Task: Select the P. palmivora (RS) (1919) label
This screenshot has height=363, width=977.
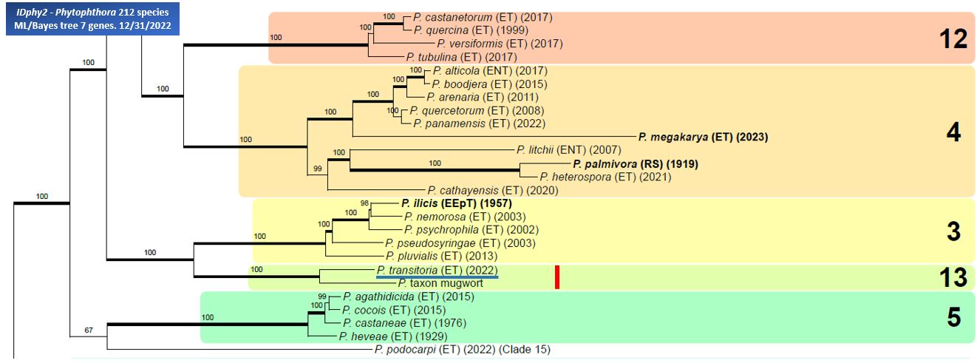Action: tap(635, 163)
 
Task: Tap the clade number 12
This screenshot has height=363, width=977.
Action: tap(948, 39)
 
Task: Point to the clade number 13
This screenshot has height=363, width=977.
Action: tap(948, 277)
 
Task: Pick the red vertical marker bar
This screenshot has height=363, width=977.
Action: tap(557, 277)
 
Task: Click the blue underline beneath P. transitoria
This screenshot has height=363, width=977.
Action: tap(437, 278)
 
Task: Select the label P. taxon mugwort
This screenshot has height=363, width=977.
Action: tap(440, 283)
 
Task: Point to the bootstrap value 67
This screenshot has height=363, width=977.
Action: tap(89, 330)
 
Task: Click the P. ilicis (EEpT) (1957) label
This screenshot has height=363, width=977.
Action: tap(456, 203)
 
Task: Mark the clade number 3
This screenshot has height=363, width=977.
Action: tap(953, 231)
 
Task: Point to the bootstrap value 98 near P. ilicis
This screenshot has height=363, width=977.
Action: tap(364, 203)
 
